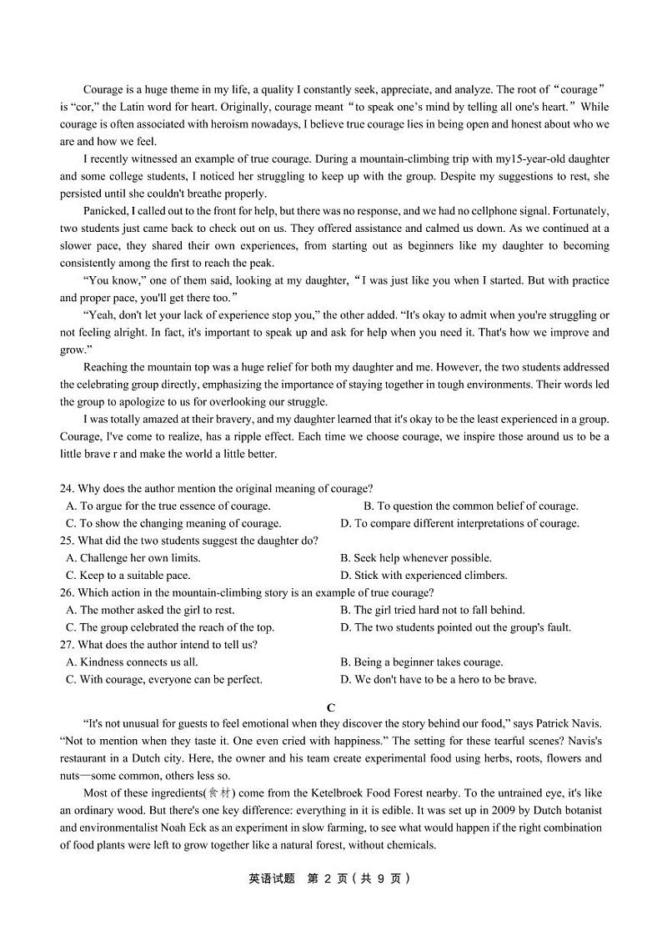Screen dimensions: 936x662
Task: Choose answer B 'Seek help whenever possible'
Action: [x=416, y=558]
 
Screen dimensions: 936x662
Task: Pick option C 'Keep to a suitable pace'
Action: [x=128, y=576]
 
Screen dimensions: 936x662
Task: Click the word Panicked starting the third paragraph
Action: [x=106, y=211]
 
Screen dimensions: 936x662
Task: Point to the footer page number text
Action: [x=330, y=878]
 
